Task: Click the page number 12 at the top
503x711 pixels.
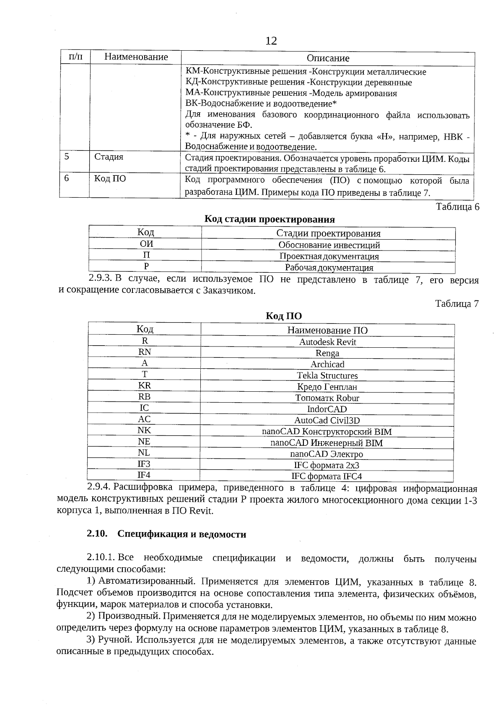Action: (x=271, y=41)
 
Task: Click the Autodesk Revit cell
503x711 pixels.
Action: (x=327, y=342)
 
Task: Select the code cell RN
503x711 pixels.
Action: (x=145, y=352)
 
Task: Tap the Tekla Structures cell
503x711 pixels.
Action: (x=327, y=375)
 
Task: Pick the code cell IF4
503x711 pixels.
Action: (x=144, y=475)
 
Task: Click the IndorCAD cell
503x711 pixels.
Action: (x=327, y=409)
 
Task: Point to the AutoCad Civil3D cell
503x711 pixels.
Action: (x=327, y=420)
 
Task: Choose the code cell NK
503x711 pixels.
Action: (x=144, y=430)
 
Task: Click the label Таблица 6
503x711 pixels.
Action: (x=457, y=207)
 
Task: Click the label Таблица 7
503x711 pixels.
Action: (x=457, y=304)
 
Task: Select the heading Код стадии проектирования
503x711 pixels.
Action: (x=270, y=219)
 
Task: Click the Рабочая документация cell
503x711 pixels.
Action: (x=329, y=267)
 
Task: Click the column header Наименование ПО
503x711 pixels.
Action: (x=327, y=330)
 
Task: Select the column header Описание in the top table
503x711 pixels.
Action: (x=328, y=58)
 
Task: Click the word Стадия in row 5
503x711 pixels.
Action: (x=109, y=157)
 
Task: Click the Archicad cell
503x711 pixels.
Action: (x=327, y=364)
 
